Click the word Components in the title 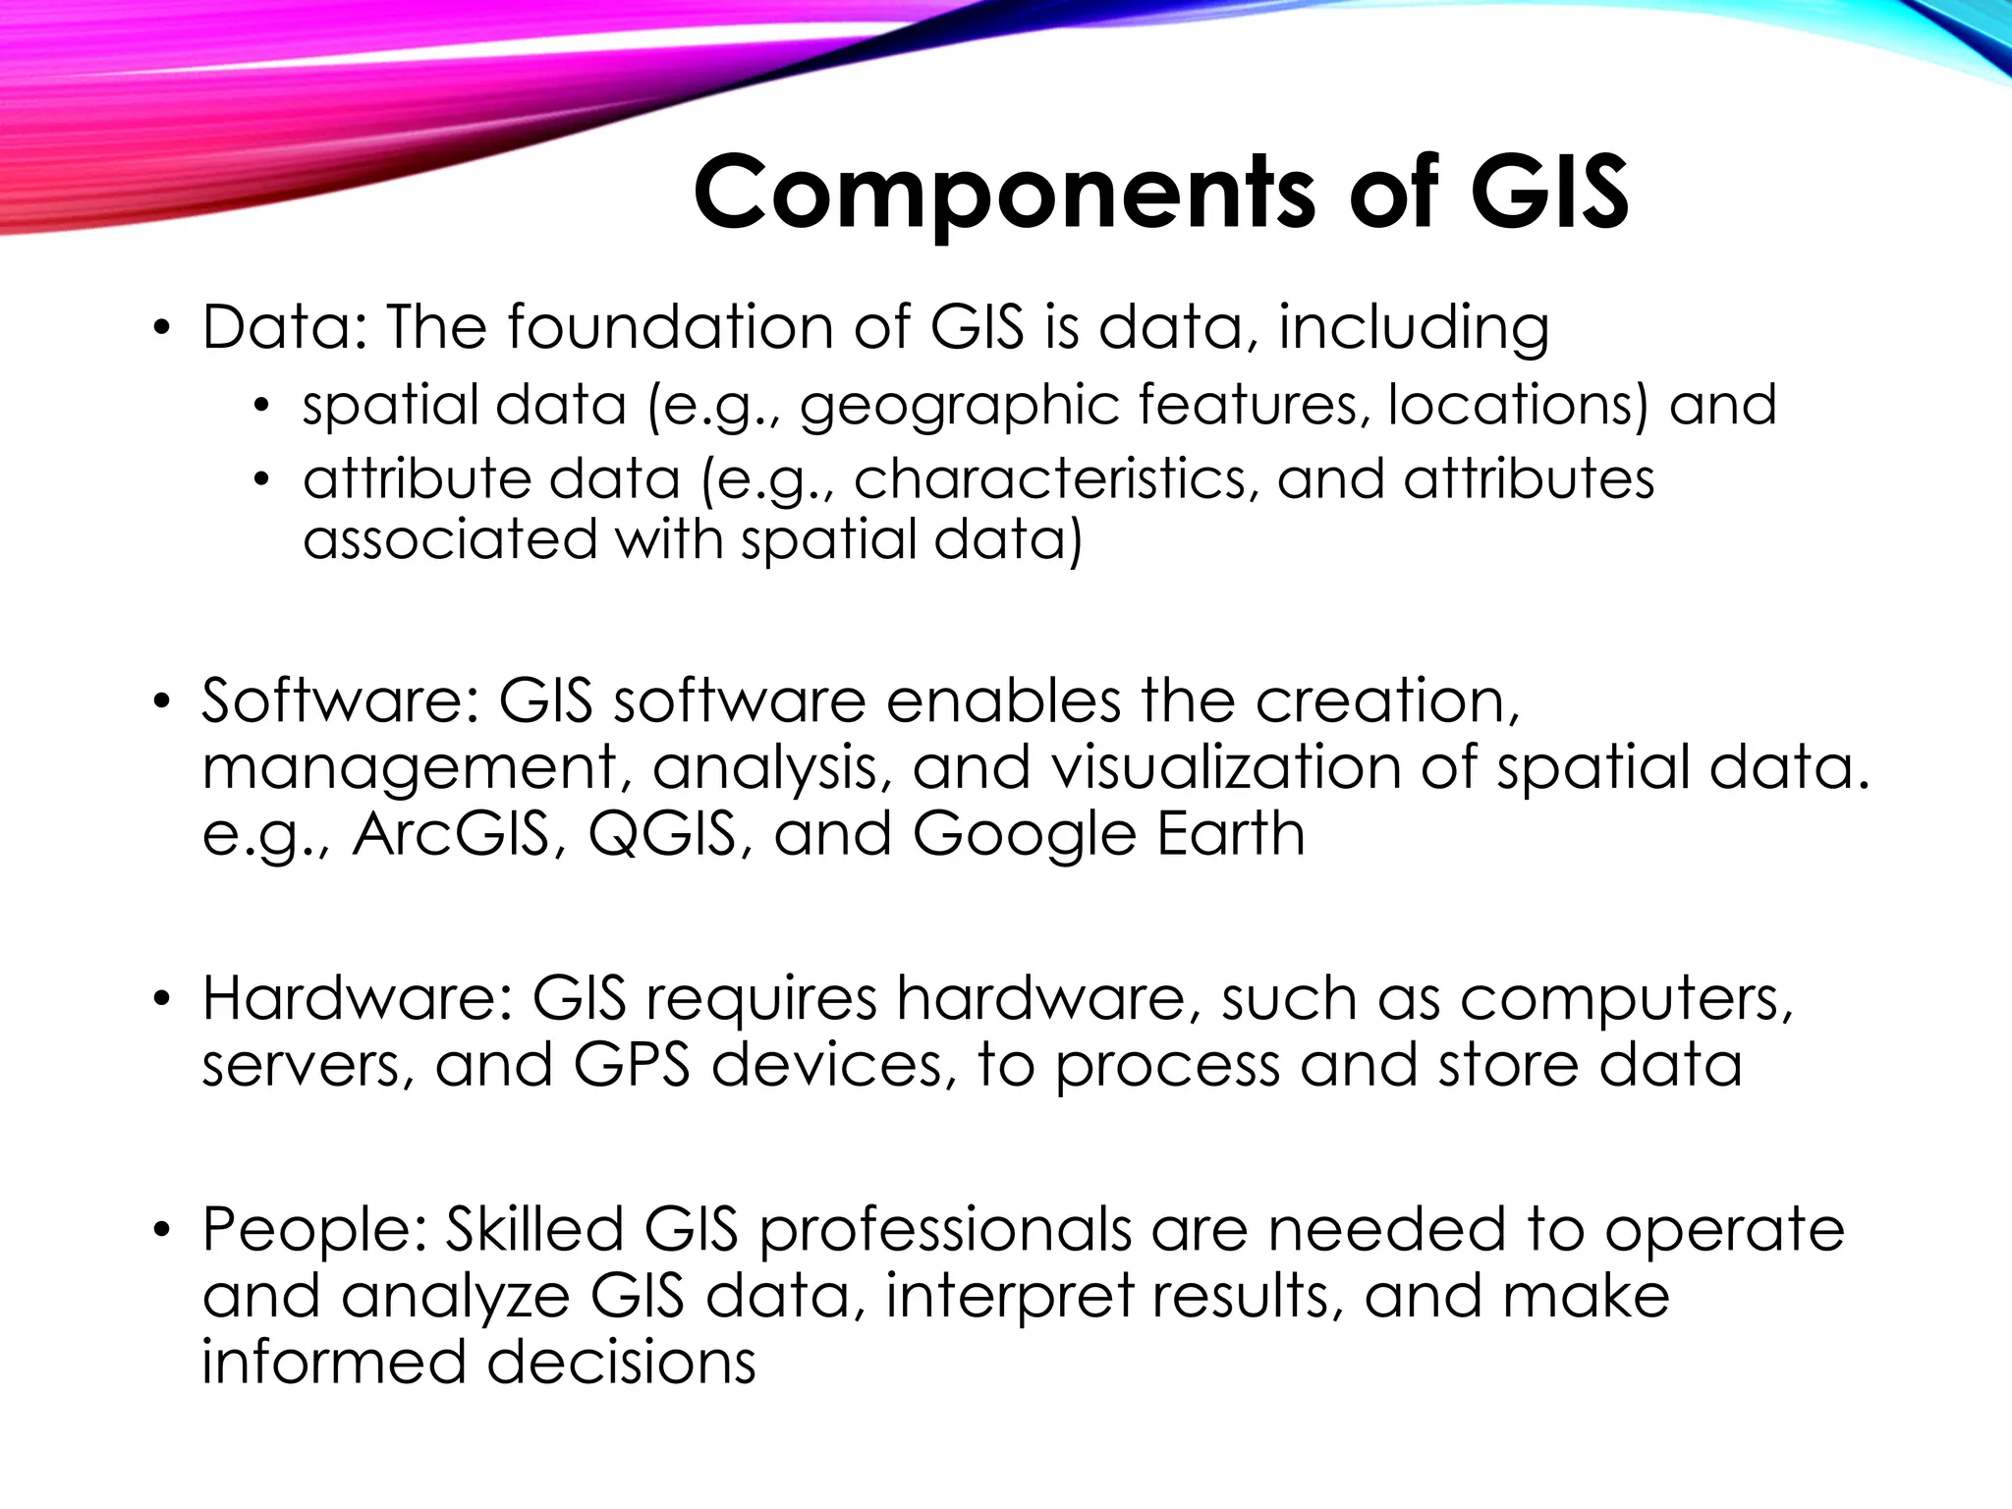pos(1003,193)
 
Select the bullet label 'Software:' pos(340,700)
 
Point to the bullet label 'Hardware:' pos(358,998)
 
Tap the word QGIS pos(661,834)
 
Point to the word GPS pos(631,1065)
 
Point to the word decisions pos(621,1363)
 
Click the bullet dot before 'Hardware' pos(161,1000)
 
